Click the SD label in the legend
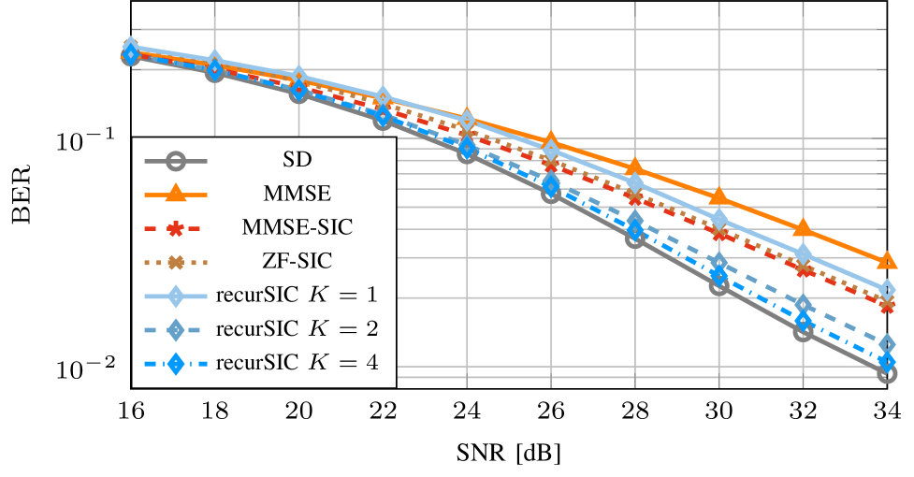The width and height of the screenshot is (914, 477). tap(297, 161)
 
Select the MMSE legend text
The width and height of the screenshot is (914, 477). tap(297, 194)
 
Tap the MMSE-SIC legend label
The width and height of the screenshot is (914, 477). tap(297, 227)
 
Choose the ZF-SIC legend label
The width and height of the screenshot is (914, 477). tap(297, 261)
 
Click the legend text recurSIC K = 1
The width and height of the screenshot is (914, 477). tap(297, 296)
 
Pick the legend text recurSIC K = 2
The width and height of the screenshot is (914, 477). tap(297, 329)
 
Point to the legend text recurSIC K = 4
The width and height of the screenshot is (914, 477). tap(297, 363)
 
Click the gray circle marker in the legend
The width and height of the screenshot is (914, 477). tap(174, 161)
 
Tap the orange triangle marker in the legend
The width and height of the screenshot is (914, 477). tap(174, 194)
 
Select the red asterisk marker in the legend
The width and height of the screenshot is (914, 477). tap(174, 227)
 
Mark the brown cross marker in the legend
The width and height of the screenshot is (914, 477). tap(174, 261)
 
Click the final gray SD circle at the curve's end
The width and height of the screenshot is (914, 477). tap(887, 374)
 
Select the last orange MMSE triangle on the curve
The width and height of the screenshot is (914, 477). tap(887, 260)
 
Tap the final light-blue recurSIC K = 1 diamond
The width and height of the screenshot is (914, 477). tap(887, 289)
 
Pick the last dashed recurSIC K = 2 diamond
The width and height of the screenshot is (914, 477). tap(887, 345)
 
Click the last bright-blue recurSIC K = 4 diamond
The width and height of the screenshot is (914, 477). tap(887, 361)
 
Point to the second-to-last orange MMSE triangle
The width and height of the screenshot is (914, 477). tap(803, 227)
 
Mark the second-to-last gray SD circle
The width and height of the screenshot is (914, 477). tap(803, 331)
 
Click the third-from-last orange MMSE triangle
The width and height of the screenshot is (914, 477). tap(718, 195)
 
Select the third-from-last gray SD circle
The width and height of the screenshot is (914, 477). tap(718, 286)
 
